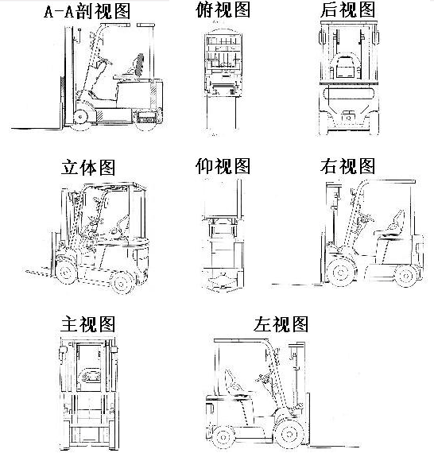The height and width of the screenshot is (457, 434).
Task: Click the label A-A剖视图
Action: point(87,12)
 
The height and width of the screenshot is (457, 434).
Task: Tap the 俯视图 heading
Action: point(223,10)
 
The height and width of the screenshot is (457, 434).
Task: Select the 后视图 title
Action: point(347,10)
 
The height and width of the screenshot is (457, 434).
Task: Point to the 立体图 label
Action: point(88,167)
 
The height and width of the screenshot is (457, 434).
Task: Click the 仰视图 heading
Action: point(223,166)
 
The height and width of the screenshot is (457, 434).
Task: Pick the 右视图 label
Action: point(347,166)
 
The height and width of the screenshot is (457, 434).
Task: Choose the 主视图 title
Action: point(88,323)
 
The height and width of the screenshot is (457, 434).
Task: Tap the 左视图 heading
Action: point(281,323)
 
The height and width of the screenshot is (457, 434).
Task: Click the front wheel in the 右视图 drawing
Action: point(341,273)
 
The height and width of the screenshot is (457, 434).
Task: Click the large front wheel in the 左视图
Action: point(289,434)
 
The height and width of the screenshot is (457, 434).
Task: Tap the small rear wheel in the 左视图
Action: point(223,437)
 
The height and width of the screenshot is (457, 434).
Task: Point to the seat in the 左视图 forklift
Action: point(234,385)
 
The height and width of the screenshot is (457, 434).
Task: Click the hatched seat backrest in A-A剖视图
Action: point(139,64)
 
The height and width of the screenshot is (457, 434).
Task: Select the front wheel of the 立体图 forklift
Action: point(66,272)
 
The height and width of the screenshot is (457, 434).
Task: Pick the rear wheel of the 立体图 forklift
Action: point(122,281)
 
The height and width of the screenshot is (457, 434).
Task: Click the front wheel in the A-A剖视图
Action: point(81,117)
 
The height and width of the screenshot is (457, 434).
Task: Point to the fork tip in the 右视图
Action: point(272,285)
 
